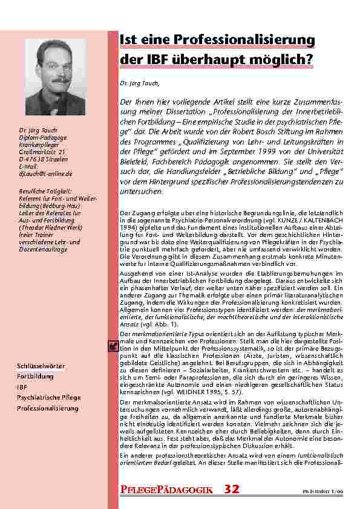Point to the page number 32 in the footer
point(232,490)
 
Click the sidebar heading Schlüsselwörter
point(41,367)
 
